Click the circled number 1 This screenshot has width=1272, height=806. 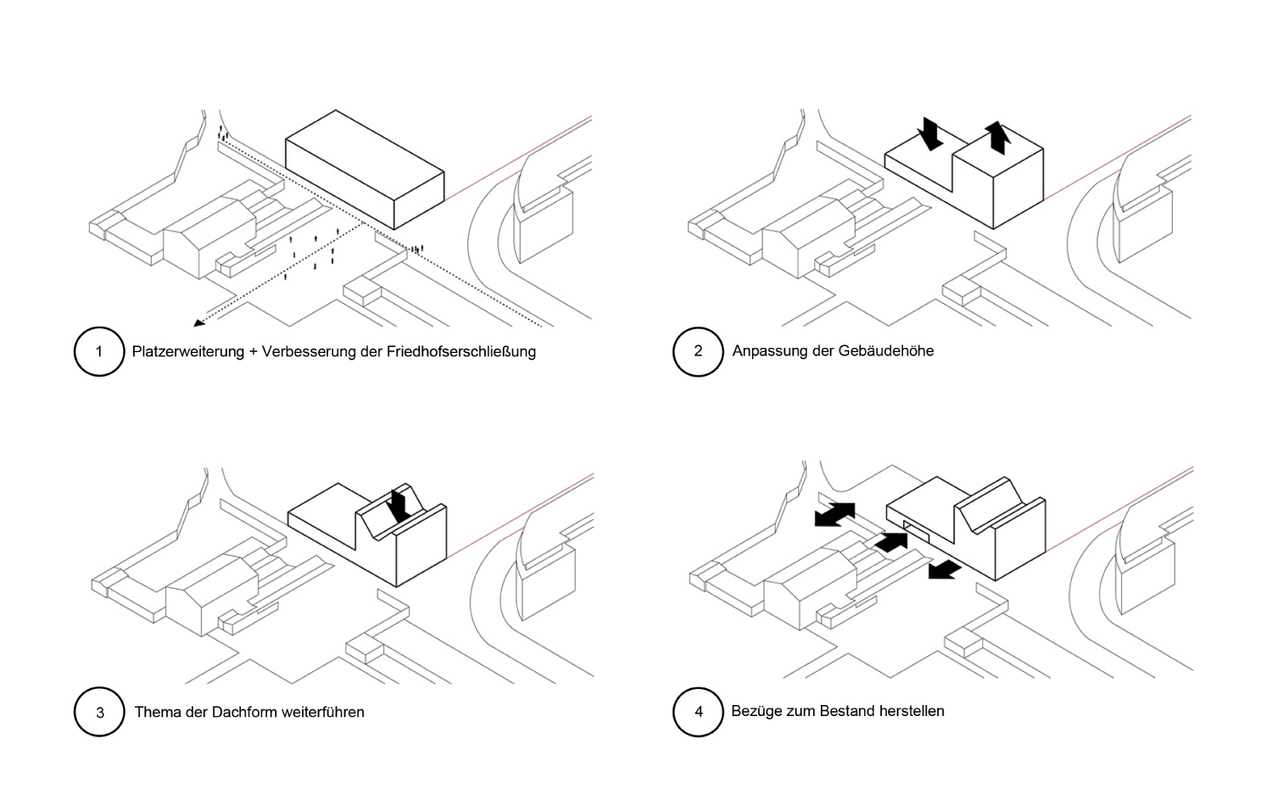click(99, 351)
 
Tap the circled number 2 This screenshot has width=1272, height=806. click(698, 351)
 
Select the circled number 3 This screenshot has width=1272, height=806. click(99, 712)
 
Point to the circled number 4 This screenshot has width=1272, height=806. click(698, 712)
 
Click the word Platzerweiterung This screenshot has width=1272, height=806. click(188, 351)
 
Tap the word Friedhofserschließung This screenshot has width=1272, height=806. click(461, 351)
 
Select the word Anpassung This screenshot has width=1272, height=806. click(768, 351)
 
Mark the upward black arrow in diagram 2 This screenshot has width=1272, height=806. click(997, 137)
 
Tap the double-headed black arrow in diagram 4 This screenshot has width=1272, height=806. click(834, 514)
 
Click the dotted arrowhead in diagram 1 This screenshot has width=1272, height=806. click(198, 322)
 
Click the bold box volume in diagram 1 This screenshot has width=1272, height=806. click(365, 170)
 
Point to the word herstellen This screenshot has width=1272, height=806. click(912, 711)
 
